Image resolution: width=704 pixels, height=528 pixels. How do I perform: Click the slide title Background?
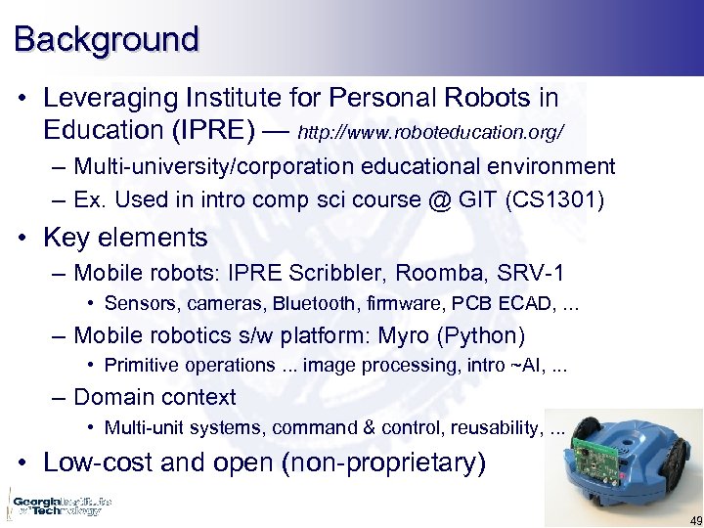click(x=106, y=39)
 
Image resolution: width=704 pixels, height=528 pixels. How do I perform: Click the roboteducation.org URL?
click(x=431, y=131)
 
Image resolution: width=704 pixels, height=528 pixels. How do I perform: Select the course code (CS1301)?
click(x=555, y=200)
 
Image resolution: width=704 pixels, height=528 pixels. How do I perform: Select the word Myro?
click(x=402, y=336)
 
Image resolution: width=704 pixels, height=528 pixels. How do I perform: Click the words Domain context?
click(x=154, y=397)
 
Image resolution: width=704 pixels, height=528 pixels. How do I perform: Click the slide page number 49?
click(x=694, y=519)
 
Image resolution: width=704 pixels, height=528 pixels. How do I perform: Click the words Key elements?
click(x=125, y=238)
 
